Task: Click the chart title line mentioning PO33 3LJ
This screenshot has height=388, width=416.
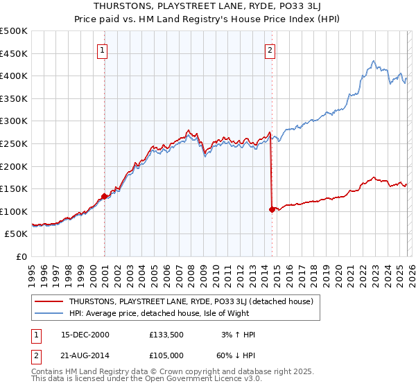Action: (x=207, y=6)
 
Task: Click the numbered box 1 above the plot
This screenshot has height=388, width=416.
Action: (x=102, y=50)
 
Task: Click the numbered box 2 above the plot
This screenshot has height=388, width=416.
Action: (x=269, y=50)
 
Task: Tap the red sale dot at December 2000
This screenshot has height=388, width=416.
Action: (x=105, y=196)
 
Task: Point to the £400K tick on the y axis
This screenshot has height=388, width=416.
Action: (x=14, y=76)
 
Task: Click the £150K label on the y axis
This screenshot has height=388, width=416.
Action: (x=14, y=188)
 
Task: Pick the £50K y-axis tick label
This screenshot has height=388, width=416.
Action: (x=17, y=234)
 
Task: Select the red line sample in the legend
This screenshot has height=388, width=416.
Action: (x=49, y=301)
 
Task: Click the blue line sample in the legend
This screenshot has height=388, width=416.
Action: (x=49, y=313)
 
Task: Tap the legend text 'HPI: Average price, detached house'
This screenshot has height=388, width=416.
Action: (x=159, y=313)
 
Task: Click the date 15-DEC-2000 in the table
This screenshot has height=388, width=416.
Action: (x=85, y=334)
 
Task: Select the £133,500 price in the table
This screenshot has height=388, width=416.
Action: (x=164, y=334)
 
